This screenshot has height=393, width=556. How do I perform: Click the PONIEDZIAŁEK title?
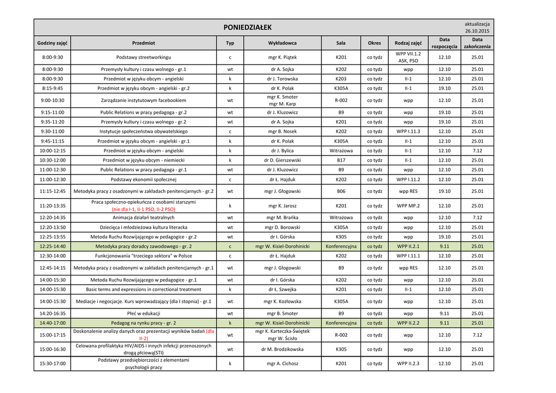248,28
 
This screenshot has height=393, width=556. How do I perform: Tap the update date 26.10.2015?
477,31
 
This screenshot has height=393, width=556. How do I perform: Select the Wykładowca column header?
282,43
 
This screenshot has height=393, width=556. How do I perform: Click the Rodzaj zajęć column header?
408,43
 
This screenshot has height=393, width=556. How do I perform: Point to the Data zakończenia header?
477,43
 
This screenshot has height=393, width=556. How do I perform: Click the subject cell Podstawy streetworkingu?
143,57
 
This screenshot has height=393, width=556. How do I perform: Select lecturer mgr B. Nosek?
282,131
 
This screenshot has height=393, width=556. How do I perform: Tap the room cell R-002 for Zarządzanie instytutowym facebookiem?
341,100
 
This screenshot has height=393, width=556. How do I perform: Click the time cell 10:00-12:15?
53,151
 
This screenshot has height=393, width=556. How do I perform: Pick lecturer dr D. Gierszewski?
282,160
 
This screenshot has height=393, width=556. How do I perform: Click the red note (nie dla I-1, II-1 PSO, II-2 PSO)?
143,209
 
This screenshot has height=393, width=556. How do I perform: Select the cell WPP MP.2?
408,206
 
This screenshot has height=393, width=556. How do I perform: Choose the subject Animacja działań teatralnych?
143,217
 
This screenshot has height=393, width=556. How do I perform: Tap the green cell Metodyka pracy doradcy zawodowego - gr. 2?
143,246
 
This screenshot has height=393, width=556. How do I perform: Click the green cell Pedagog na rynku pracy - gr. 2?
143,323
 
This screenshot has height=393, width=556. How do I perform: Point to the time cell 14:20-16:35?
53,313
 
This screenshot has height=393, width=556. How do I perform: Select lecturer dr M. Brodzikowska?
282,350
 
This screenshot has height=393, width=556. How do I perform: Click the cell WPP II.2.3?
408,364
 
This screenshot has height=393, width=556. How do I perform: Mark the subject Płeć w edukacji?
143,313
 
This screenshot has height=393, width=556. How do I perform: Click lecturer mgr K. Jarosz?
282,206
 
